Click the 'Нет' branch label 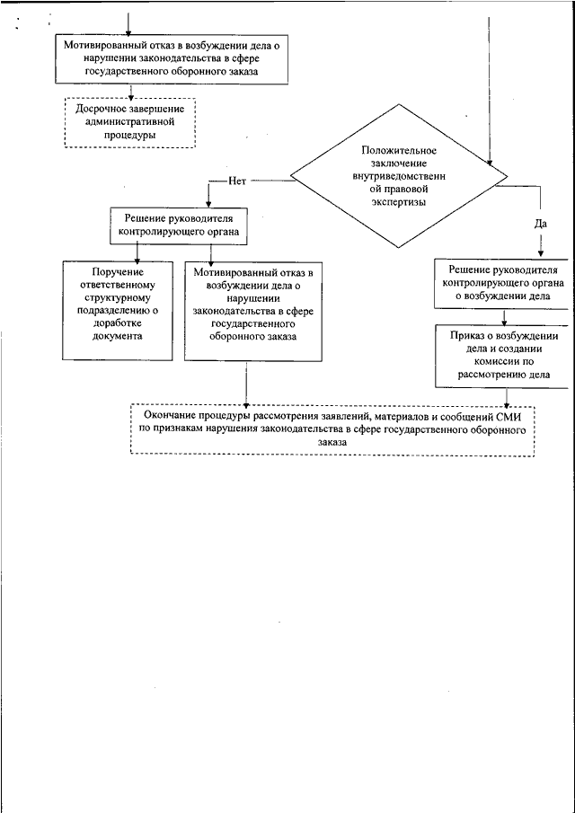tap(236, 181)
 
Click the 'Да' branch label tap(540, 224)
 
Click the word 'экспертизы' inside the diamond tap(399, 203)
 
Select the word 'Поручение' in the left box tap(117, 271)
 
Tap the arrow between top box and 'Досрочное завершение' tap(131, 90)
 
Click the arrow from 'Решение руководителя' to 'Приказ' tap(503, 317)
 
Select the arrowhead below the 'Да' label tap(540, 254)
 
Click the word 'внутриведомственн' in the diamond tap(399, 176)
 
